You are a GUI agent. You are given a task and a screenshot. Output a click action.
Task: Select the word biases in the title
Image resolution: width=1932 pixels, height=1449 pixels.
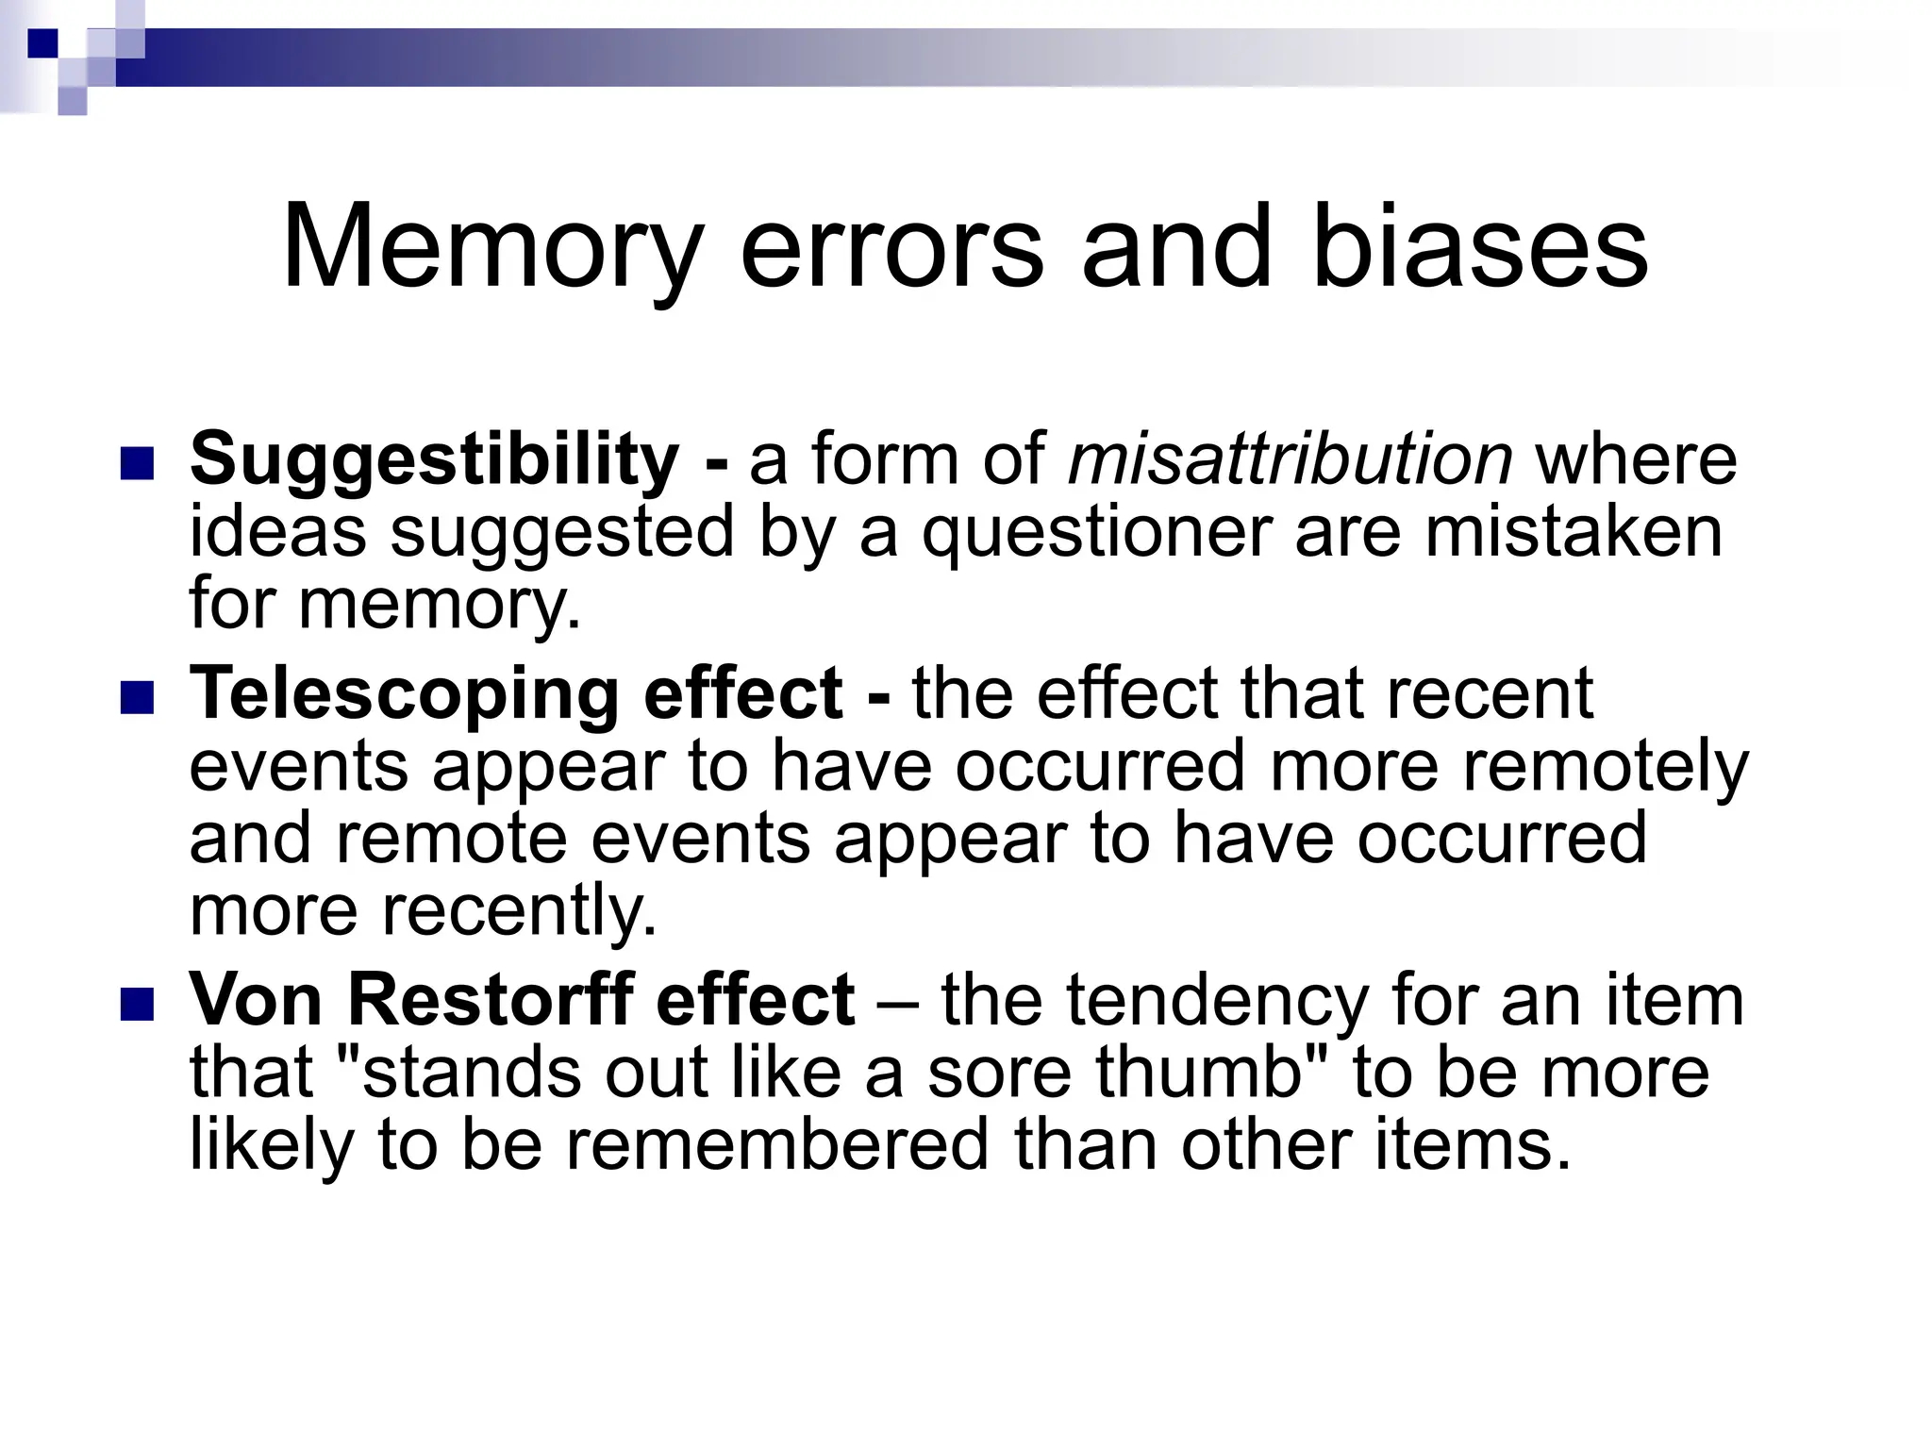point(1479,247)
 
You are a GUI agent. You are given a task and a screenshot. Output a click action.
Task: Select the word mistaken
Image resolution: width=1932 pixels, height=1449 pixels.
point(1574,531)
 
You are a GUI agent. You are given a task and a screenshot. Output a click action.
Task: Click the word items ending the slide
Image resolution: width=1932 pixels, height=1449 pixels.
point(1472,1144)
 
